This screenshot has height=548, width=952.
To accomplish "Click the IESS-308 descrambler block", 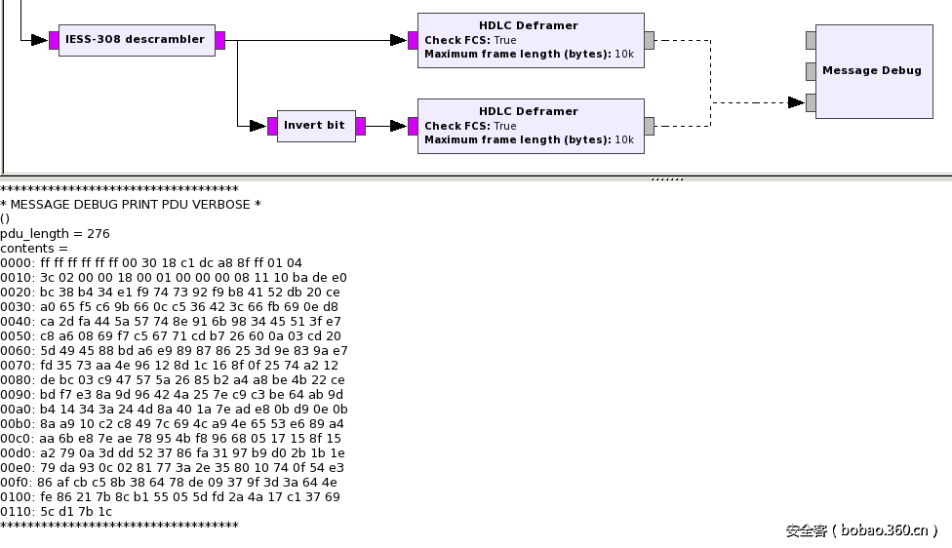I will [136, 40].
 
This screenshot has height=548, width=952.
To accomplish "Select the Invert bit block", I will [315, 126].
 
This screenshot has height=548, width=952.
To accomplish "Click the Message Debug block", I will [871, 71].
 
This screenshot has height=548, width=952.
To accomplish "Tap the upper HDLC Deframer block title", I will [528, 25].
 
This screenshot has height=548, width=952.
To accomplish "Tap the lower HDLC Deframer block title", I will [528, 111].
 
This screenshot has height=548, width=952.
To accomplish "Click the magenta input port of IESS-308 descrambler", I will [54, 40].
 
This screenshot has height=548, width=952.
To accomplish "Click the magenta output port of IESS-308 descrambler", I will [220, 40].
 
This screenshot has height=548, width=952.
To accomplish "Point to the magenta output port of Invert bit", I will [361, 126].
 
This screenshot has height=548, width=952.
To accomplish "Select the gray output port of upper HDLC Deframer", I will [650, 40].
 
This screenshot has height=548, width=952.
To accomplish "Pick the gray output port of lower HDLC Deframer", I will [650, 126].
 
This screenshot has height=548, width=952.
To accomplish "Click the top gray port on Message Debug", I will [811, 40].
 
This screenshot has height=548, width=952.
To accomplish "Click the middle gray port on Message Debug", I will [811, 71].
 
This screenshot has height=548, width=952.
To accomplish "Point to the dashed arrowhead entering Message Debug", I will [796, 102].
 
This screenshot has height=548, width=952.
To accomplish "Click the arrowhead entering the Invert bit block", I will [258, 126].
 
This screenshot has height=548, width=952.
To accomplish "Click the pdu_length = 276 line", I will [55, 234].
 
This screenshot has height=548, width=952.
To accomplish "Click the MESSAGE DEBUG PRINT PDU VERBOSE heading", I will [131, 205].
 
